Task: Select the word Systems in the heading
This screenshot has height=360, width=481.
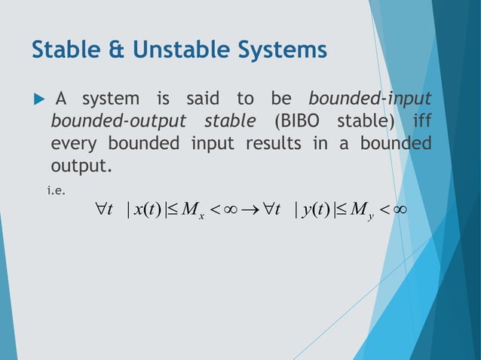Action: [x=283, y=50]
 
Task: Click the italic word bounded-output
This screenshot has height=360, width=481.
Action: [x=112, y=121]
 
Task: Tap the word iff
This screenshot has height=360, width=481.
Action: [x=419, y=121]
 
